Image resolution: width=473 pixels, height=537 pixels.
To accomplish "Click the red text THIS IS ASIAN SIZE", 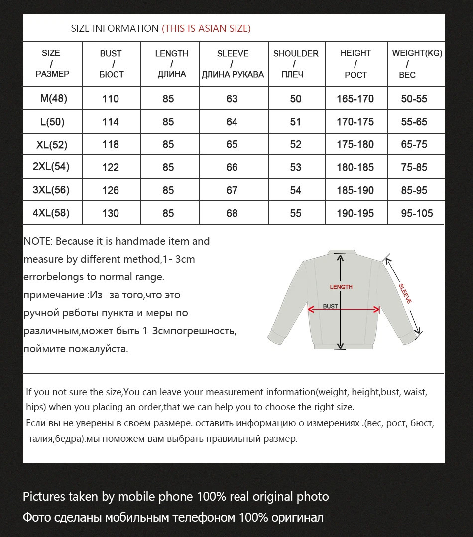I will coord(206,29).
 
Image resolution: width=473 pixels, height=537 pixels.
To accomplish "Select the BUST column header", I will coord(111,64).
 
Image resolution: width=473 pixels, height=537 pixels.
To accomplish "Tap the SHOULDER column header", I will coord(296,64).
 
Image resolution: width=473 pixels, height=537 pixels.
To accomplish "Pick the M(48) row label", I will coord(53,99).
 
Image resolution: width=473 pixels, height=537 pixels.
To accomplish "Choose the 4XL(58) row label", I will coord(51,213).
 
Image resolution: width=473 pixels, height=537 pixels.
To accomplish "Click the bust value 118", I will coord(111,144).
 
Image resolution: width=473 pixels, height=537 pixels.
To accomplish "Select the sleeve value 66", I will coord(232,167).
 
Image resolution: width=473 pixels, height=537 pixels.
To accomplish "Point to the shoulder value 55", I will coord(296,213).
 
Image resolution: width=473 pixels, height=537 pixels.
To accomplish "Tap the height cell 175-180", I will coord(355,144).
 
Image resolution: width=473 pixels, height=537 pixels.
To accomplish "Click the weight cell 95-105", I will coord(417,213).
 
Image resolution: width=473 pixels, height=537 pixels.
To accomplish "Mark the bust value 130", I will coord(111,213).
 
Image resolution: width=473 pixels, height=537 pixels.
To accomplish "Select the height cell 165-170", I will coord(355,99).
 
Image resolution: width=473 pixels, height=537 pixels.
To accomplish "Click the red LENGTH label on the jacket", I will coord(341,287).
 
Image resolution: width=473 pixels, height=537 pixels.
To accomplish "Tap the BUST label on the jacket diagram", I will coord(330,306).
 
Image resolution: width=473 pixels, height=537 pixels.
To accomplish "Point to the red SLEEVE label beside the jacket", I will coord(405,293).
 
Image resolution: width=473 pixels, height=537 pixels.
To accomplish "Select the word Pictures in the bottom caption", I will coord(44,497).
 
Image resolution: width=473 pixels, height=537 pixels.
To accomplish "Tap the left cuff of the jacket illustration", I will coord(277,337).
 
